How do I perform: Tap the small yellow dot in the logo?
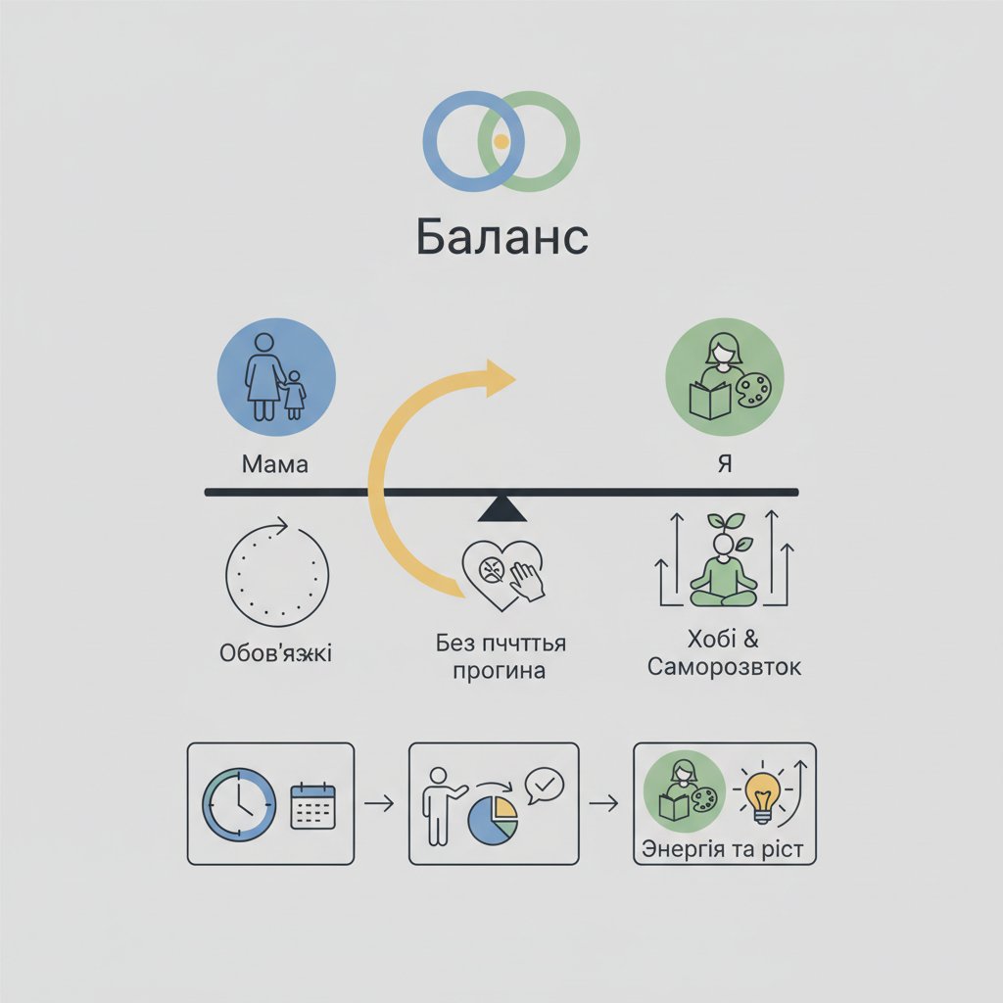(501, 142)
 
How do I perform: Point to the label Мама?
(274, 463)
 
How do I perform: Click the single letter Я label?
(725, 463)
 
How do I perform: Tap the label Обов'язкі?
(275, 652)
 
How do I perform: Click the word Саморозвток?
(725, 668)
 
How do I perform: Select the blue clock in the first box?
(238, 802)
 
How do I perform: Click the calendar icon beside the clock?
(312, 805)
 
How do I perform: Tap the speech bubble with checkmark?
(544, 786)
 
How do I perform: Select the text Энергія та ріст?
(723, 848)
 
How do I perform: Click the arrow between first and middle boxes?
(379, 804)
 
